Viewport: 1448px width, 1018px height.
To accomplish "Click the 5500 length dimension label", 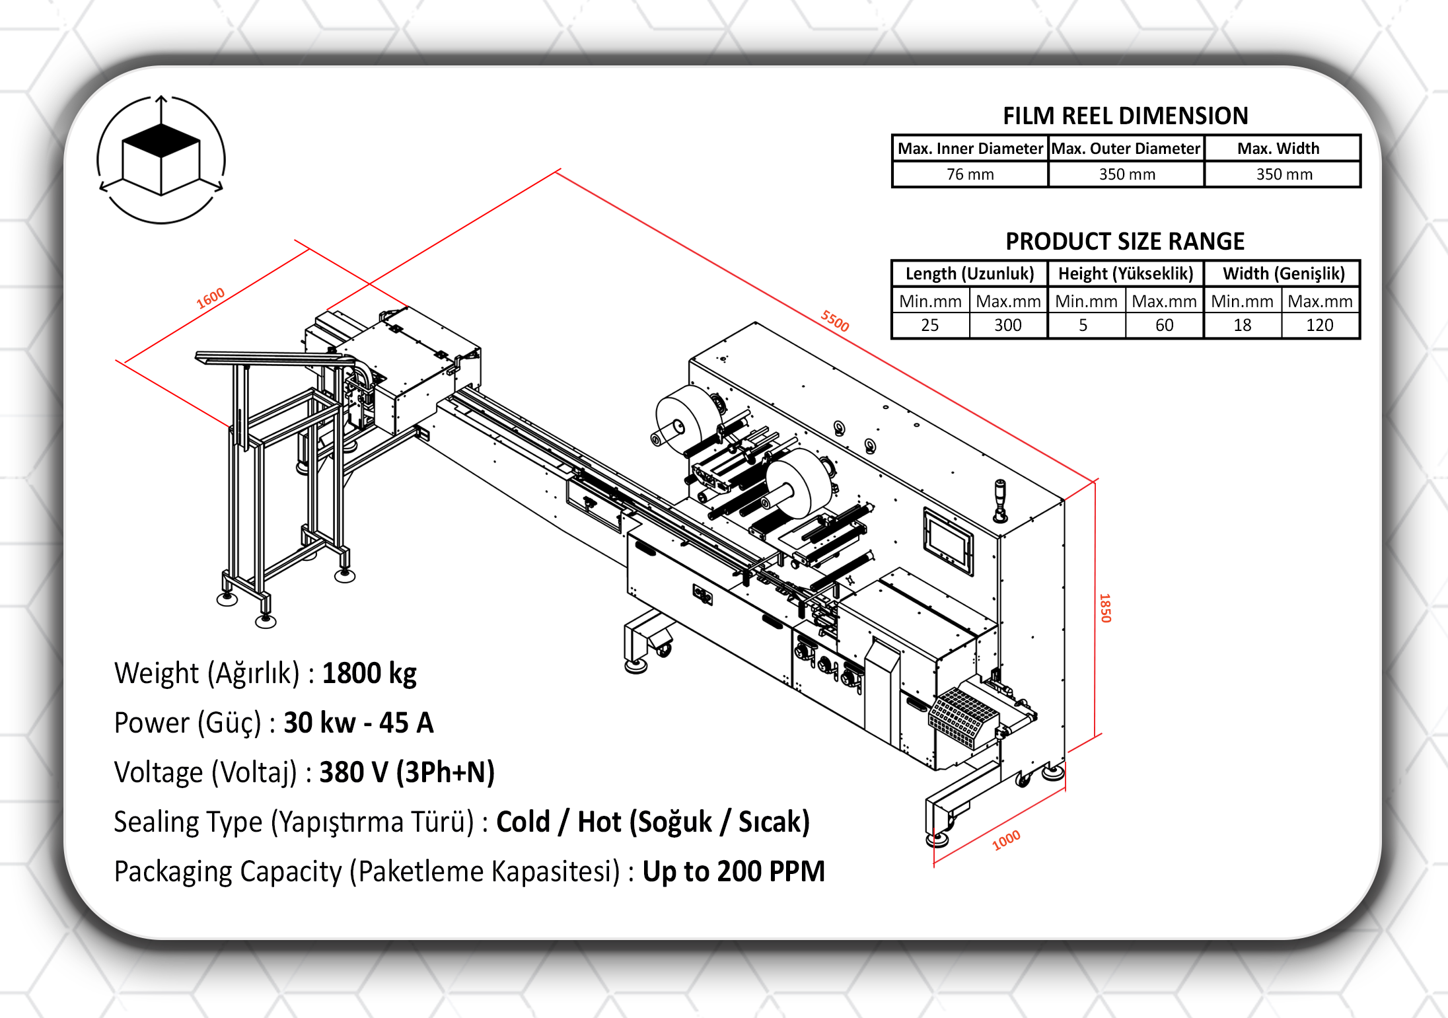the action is click(x=835, y=321).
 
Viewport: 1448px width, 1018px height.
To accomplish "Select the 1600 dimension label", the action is click(x=211, y=299).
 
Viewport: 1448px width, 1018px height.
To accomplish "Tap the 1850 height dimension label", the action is click(x=1105, y=608).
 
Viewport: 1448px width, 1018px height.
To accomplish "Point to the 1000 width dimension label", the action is click(x=1007, y=840).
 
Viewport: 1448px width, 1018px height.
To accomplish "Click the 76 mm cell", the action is click(x=970, y=174).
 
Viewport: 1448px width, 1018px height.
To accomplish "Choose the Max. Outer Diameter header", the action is click(x=1126, y=149).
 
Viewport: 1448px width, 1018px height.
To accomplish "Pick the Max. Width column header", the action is click(x=1278, y=149).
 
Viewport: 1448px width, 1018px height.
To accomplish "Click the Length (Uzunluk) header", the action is click(x=970, y=273).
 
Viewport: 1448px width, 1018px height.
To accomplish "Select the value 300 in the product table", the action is click(x=1008, y=325).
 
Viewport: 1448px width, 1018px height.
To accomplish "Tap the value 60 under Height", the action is click(x=1165, y=325).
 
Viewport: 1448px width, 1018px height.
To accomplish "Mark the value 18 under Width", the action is click(x=1243, y=325).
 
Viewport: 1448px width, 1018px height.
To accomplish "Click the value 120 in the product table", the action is click(x=1320, y=325).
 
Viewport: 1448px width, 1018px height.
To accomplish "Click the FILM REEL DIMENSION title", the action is click(x=1126, y=116).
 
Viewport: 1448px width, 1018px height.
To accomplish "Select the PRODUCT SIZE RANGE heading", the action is click(x=1125, y=242).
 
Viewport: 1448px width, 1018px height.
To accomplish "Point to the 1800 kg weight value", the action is click(x=369, y=674).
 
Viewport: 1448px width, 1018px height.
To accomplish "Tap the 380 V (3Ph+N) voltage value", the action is click(x=407, y=772).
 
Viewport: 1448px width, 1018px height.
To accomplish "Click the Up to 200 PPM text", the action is click(x=734, y=871).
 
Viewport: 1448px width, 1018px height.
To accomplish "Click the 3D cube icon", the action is click(x=161, y=159).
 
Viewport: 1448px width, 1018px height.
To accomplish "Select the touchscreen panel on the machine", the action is click(x=947, y=542).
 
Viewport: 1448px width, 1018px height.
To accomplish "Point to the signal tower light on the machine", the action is click(x=1001, y=501).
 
